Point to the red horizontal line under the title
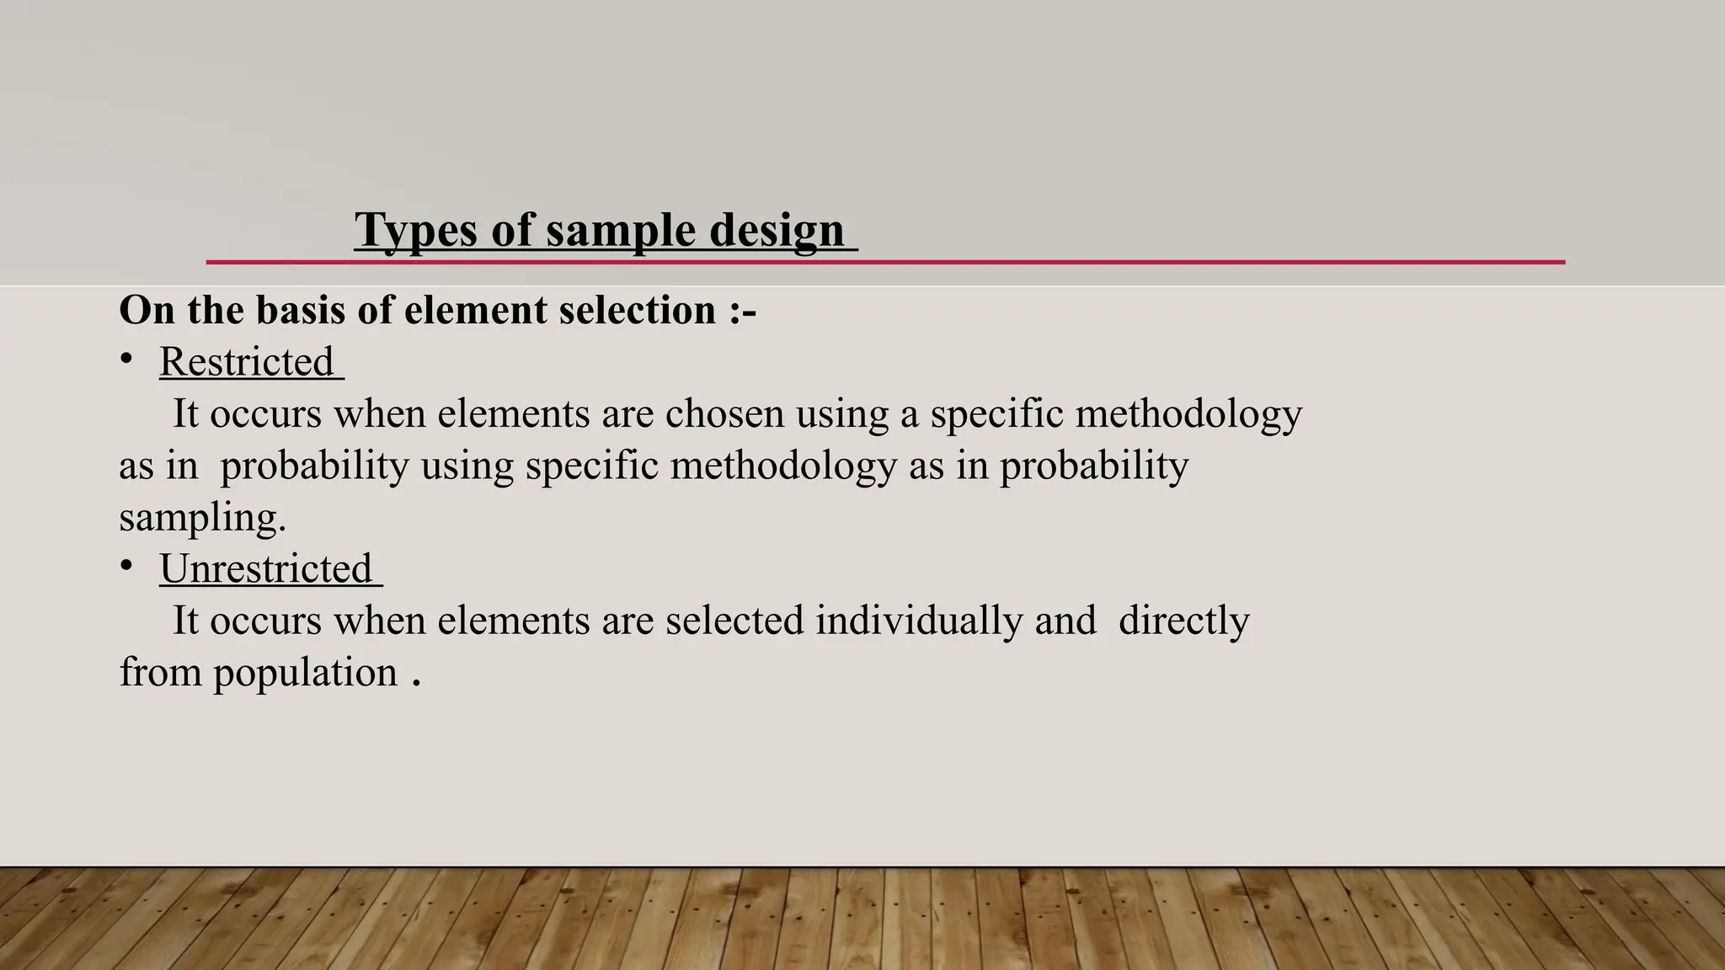pos(1179,263)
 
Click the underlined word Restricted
pos(247,362)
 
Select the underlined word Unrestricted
pos(265,569)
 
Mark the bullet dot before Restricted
pos(126,360)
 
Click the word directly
pos(1183,621)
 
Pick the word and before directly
pos(1065,621)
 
